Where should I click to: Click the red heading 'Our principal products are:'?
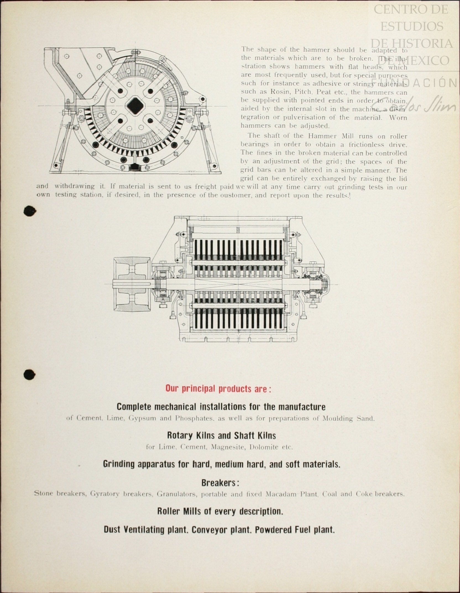[218, 389]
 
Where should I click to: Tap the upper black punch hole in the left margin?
[30, 211]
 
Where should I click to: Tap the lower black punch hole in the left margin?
[30, 375]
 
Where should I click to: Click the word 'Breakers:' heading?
[220, 483]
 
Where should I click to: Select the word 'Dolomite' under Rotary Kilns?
[264, 447]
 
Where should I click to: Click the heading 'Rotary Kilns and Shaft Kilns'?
[221, 435]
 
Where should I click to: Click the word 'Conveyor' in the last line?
[208, 530]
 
